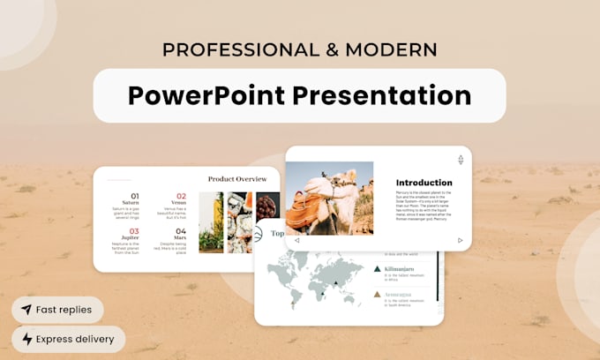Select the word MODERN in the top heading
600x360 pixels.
coord(392,49)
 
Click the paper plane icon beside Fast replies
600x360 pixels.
coord(26,310)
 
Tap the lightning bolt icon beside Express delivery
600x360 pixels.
coord(26,339)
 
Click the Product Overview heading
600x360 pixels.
coord(237,179)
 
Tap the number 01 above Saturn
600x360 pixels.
coord(134,196)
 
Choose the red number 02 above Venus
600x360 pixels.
coord(181,196)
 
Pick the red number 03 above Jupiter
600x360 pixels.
coord(134,231)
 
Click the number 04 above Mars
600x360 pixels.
coord(181,231)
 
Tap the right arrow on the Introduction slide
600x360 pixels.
coord(460,240)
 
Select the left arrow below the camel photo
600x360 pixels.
coord(296,240)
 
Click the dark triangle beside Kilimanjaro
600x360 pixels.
coord(378,269)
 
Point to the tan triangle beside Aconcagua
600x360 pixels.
coord(378,294)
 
